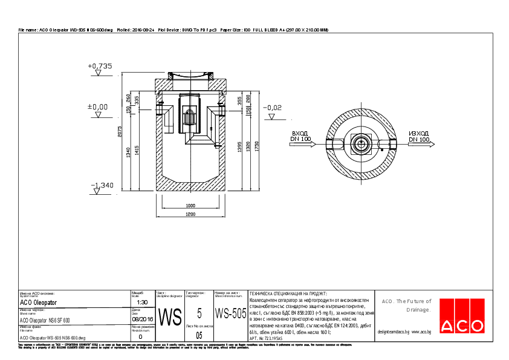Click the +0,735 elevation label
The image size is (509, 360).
(100, 65)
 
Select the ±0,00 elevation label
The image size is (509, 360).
(98, 106)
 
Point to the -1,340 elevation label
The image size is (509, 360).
(102, 185)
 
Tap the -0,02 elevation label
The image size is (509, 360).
(272, 108)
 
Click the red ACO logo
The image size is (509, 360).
(461, 325)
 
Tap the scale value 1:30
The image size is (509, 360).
(143, 302)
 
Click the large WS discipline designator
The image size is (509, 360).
(169, 316)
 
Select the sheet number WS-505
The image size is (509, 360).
(230, 314)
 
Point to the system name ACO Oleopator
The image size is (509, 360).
(39, 302)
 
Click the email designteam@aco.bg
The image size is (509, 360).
(394, 332)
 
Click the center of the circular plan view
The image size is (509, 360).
(362, 144)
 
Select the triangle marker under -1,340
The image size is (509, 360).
(96, 192)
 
